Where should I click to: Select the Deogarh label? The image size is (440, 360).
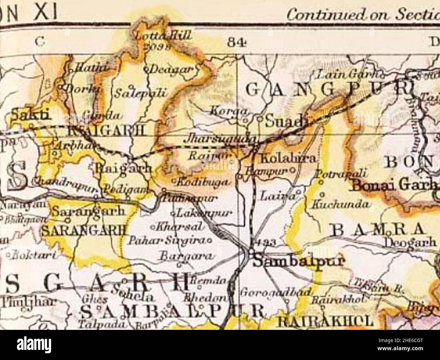410,242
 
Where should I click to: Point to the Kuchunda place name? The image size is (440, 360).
340,204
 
